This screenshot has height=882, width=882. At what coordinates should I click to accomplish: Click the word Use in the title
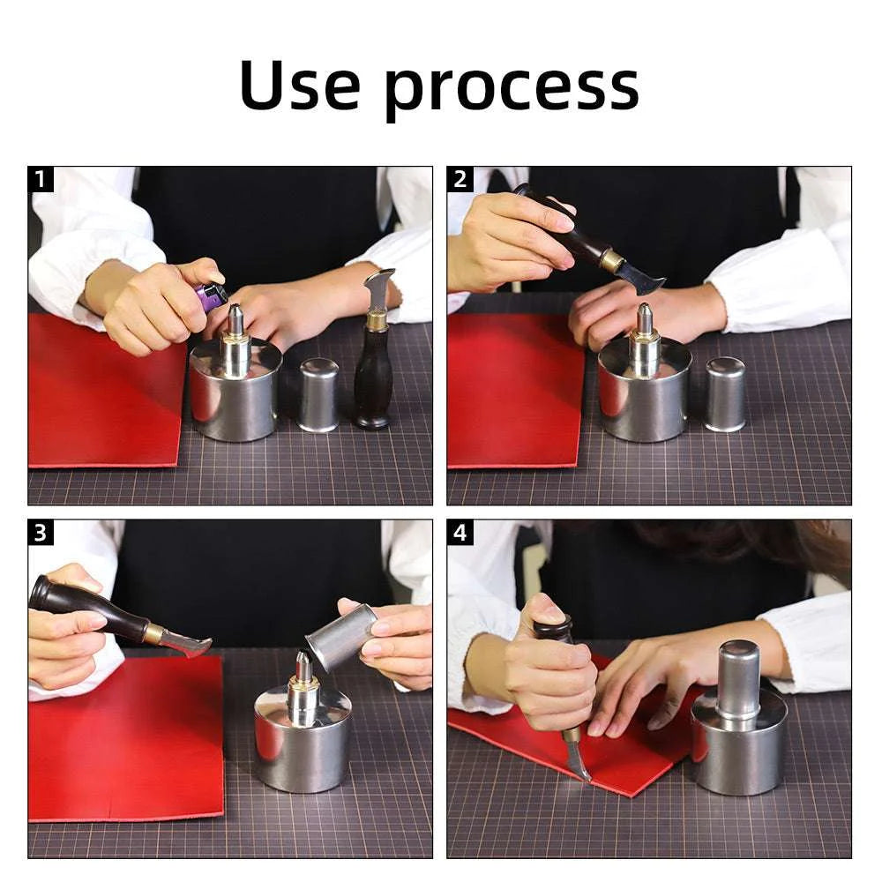(299, 85)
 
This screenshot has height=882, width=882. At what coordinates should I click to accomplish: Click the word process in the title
(512, 91)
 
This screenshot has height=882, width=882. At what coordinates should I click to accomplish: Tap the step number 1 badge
(41, 179)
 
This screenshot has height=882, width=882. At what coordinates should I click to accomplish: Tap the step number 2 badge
(460, 179)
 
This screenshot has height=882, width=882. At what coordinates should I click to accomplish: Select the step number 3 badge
(41, 533)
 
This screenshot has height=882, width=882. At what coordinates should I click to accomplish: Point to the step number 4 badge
(460, 533)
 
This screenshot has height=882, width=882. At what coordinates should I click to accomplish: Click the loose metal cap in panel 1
(318, 395)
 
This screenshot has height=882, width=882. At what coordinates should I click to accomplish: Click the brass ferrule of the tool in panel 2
(612, 260)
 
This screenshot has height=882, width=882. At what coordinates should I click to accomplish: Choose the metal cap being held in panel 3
(341, 637)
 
